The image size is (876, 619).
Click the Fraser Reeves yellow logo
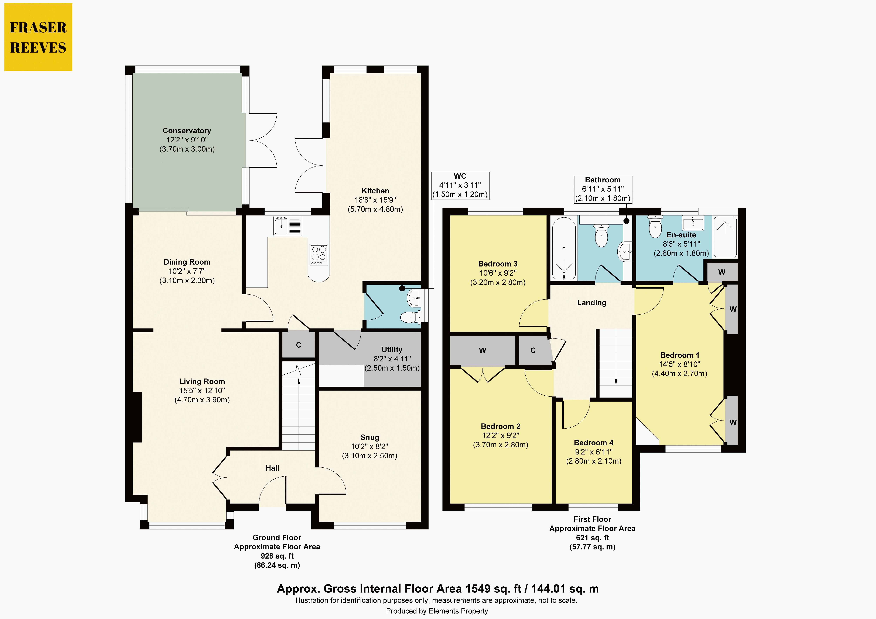click(x=38, y=37)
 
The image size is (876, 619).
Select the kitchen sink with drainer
click(x=288, y=225)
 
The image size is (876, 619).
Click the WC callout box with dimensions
click(x=460, y=186)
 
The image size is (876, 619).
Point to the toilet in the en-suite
click(x=655, y=227)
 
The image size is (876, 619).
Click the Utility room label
click(x=392, y=350)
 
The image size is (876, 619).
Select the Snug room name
click(x=370, y=437)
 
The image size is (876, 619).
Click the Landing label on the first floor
click(x=591, y=303)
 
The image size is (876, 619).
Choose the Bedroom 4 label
click(x=594, y=443)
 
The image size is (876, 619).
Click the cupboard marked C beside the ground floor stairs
click(x=299, y=345)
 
